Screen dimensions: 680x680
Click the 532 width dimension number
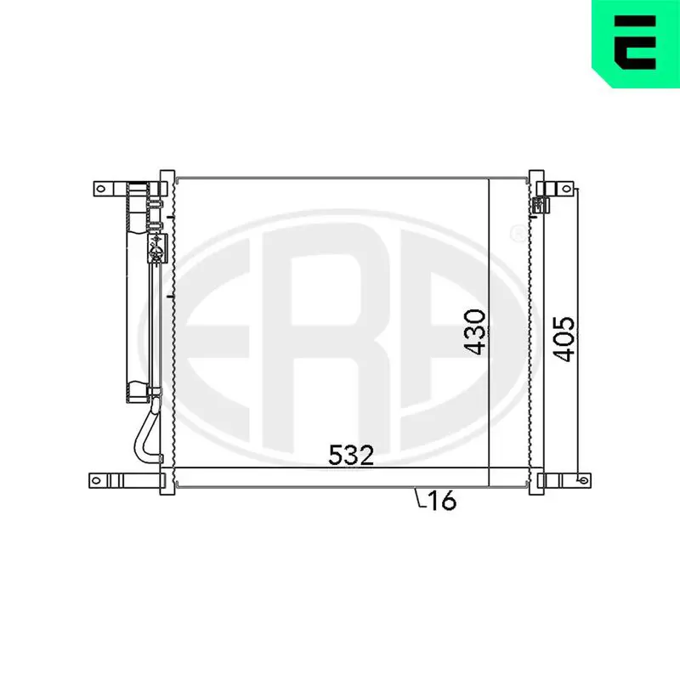pyautogui.click(x=351, y=455)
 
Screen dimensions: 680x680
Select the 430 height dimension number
pyautogui.click(x=475, y=331)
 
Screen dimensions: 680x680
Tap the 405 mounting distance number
pyautogui.click(x=564, y=339)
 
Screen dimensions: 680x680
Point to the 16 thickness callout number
pyautogui.click(x=442, y=500)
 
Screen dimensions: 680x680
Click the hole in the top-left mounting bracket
pyautogui.click(x=100, y=189)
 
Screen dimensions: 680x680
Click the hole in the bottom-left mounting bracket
pyautogui.click(x=96, y=480)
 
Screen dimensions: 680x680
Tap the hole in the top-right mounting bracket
pyautogui.click(x=566, y=189)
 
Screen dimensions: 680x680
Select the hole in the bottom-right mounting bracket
pyautogui.click(x=583, y=480)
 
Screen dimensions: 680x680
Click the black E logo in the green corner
pyautogui.click(x=635, y=42)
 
